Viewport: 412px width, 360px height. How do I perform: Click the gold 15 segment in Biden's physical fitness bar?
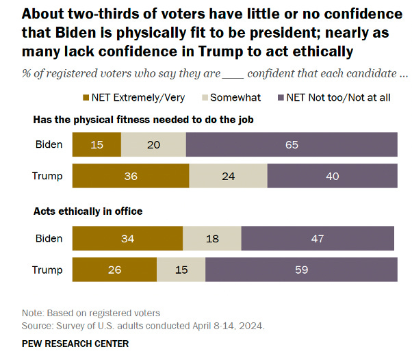pyautogui.click(x=96, y=145)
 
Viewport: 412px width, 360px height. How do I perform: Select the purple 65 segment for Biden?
pyautogui.click(x=292, y=145)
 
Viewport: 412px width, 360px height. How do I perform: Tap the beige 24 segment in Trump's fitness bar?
pyautogui.click(x=228, y=176)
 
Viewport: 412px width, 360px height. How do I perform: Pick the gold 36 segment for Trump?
pyautogui.click(x=131, y=176)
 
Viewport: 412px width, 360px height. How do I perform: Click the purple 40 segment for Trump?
pyautogui.click(x=332, y=176)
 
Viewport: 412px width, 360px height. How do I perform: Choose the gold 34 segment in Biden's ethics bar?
pyautogui.click(x=127, y=238)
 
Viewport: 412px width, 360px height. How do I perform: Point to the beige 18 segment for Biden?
pyautogui.click(x=212, y=238)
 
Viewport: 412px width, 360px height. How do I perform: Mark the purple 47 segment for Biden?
pyautogui.click(x=318, y=238)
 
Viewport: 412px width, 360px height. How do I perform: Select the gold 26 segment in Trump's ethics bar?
pyautogui.click(x=114, y=270)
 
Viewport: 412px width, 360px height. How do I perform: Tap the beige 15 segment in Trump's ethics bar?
pyautogui.click(x=181, y=270)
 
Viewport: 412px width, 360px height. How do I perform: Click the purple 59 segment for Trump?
pyautogui.click(x=301, y=270)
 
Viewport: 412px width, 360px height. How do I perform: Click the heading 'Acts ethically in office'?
pyautogui.click(x=88, y=211)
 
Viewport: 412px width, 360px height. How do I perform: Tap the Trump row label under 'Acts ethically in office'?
pyautogui.click(x=47, y=270)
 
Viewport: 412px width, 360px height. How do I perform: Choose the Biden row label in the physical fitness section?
pyautogui.click(x=49, y=145)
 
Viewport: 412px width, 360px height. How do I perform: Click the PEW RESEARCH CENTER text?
pyautogui.click(x=75, y=343)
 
